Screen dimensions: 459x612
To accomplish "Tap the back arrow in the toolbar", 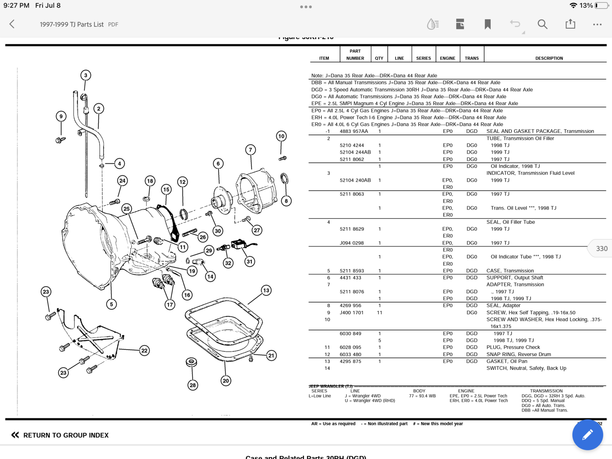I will pyautogui.click(x=12, y=24).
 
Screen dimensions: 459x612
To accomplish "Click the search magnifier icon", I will pyautogui.click(x=542, y=24).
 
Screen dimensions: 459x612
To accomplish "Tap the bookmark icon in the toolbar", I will pyautogui.click(x=488, y=24).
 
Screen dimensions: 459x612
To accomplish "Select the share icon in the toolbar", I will pyautogui.click(x=570, y=24).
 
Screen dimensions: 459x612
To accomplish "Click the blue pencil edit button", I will pyautogui.click(x=588, y=435).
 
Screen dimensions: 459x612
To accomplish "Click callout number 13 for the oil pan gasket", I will pyautogui.click(x=266, y=290).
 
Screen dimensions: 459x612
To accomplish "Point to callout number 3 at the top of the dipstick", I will pyautogui.click(x=86, y=75).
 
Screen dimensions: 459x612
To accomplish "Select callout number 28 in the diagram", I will pyautogui.click(x=193, y=385).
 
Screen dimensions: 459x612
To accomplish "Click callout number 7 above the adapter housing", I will pyautogui.click(x=251, y=150).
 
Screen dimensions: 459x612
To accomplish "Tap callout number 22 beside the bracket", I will pyautogui.click(x=144, y=350).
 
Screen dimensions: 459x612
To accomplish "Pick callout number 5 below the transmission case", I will pyautogui.click(x=111, y=304).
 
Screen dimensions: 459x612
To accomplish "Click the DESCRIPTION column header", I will pyautogui.click(x=549, y=58).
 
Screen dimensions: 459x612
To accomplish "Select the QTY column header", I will pyautogui.click(x=379, y=58).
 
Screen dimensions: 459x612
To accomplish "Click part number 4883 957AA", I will pyautogui.click(x=354, y=131).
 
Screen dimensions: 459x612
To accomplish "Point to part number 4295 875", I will pyautogui.click(x=350, y=361).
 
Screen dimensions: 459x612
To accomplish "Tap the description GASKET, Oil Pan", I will pyautogui.click(x=507, y=361).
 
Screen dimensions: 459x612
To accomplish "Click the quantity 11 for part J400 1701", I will pyautogui.click(x=379, y=313).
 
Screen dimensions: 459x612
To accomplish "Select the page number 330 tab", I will pyautogui.click(x=601, y=249).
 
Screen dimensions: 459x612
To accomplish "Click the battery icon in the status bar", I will pyautogui.click(x=601, y=5).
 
